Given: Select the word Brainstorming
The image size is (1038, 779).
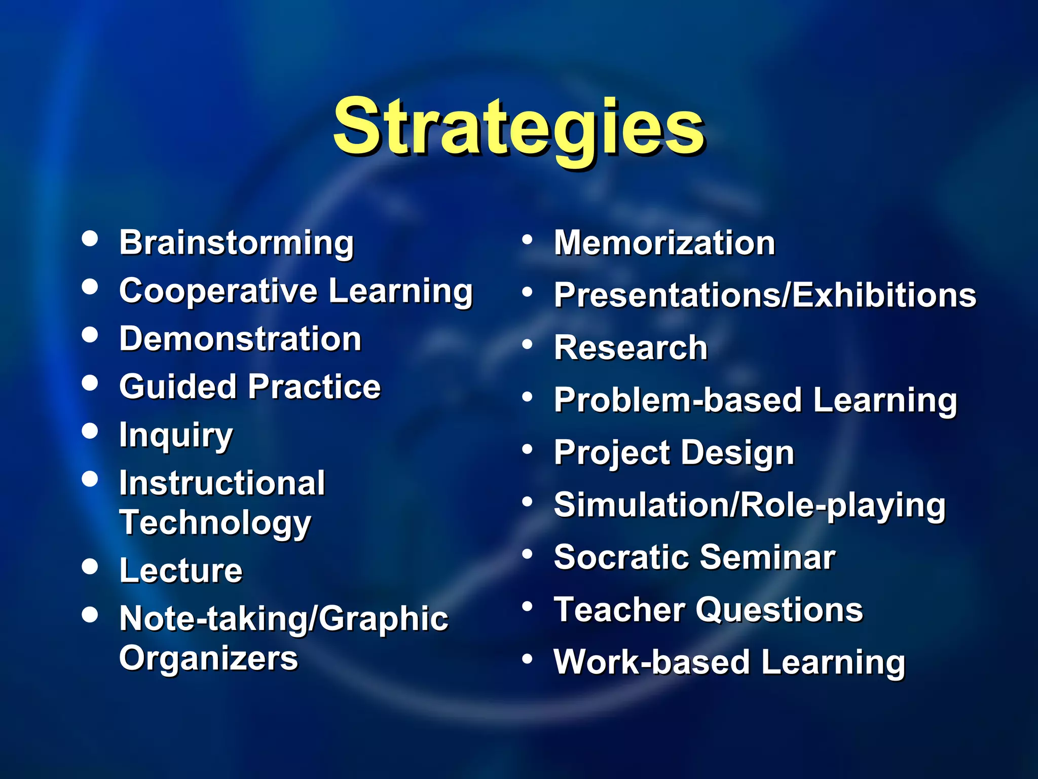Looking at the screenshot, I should point(236,243).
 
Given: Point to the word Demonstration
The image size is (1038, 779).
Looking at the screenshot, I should point(240,339).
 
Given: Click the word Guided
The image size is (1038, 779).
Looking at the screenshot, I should point(178,387).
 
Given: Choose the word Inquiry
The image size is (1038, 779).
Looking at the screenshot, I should point(176,436).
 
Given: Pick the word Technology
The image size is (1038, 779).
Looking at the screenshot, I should point(215,523).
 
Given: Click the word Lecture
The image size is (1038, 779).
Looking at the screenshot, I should point(181,571).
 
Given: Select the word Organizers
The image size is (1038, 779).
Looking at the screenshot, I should point(208,658).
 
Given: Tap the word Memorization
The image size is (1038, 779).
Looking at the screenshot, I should point(664,243).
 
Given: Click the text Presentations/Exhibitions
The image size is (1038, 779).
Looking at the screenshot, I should point(765,295).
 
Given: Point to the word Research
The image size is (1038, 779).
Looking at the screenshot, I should point(631,348).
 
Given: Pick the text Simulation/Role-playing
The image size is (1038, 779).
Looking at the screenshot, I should point(750,505).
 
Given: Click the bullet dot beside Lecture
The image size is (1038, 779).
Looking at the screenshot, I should point(90,566).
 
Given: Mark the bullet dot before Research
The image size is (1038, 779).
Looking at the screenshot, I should point(528,345).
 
